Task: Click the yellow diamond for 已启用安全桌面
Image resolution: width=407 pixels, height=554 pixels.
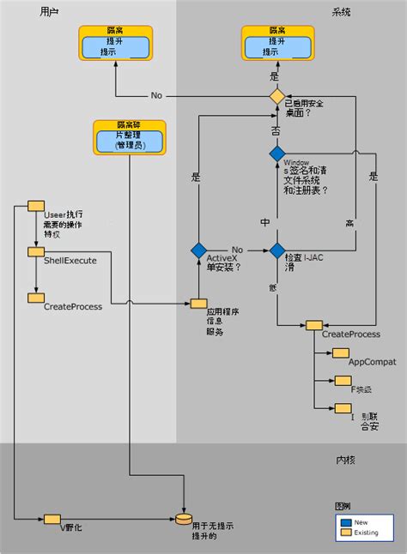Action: click(x=276, y=96)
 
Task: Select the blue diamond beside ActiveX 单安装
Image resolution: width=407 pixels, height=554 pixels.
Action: click(x=199, y=250)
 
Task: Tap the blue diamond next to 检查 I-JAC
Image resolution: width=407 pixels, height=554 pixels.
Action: click(x=276, y=250)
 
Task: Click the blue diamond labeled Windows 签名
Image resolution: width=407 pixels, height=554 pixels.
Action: click(x=276, y=154)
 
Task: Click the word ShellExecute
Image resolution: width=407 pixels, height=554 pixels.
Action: click(x=70, y=260)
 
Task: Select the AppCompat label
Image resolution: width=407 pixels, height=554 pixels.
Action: click(x=372, y=362)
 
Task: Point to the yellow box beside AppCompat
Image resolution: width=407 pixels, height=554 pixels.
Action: click(x=341, y=352)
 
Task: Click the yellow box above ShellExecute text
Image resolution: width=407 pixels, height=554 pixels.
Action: click(x=36, y=250)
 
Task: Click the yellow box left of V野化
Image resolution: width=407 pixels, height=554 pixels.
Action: click(x=51, y=518)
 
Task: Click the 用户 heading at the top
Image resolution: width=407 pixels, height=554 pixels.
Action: click(x=50, y=11)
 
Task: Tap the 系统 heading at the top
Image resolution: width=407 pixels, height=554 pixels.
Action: click(x=341, y=11)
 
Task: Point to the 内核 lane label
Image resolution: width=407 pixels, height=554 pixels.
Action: click(x=345, y=460)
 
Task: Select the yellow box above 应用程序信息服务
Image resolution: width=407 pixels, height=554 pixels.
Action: click(x=199, y=303)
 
